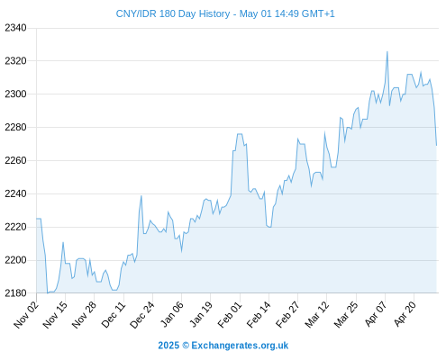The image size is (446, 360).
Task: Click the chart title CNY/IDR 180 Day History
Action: (173, 13)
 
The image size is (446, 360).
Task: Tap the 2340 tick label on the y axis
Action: (15, 28)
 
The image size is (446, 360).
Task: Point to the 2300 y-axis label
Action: (15, 94)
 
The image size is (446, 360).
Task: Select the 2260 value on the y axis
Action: (15, 161)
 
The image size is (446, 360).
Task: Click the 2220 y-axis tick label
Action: (15, 227)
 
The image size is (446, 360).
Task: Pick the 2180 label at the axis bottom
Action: (15, 293)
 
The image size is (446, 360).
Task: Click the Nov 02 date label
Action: (26, 315)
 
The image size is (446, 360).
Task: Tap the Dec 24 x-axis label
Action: (142, 315)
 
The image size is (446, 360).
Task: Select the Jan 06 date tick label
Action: (172, 315)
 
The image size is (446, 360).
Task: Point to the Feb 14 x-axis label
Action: (259, 315)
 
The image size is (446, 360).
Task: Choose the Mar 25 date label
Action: (346, 315)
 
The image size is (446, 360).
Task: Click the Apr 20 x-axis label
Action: (405, 314)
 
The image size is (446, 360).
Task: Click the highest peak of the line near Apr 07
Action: (387, 51)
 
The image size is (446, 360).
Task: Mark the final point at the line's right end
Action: (436, 146)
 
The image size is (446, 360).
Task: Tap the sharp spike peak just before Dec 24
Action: (141, 196)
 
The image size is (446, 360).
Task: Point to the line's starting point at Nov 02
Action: (37, 219)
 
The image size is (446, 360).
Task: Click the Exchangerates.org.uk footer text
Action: (240, 346)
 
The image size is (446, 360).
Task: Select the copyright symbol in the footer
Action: (186, 346)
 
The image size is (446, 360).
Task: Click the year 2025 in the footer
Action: (168, 346)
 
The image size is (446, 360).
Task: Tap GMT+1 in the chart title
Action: (318, 13)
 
